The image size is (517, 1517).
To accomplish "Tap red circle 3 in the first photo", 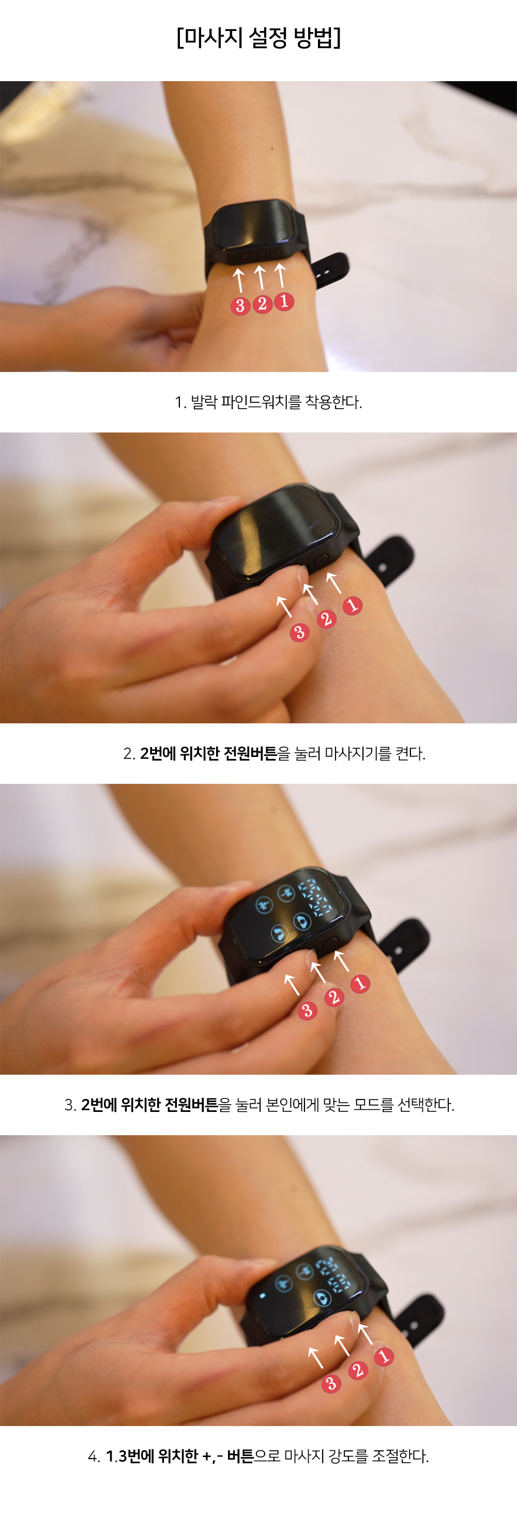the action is click(x=240, y=306).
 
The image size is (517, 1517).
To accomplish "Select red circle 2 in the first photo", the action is click(x=262, y=304).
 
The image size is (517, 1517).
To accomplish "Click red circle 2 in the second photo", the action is click(x=327, y=619).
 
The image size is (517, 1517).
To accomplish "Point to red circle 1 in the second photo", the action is click(x=353, y=605).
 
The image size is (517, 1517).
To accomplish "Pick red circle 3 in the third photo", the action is click(x=307, y=1011).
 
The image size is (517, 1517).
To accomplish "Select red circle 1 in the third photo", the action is click(x=360, y=983).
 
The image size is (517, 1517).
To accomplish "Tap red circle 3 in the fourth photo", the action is click(x=331, y=1383).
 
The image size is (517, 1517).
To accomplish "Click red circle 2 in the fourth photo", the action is click(x=357, y=1370).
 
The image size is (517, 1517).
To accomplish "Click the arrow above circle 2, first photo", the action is click(x=260, y=277).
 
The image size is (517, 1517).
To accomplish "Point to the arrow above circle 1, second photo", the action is click(x=333, y=582).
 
